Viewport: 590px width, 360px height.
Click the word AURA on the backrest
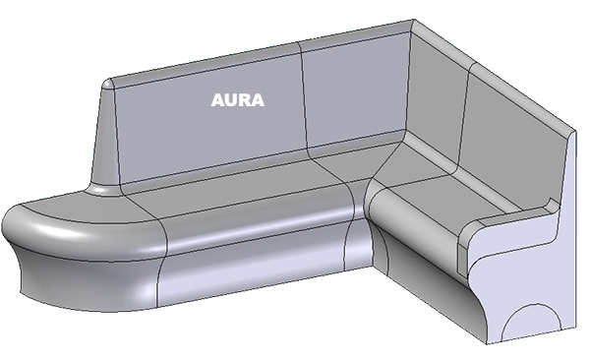tap(237, 100)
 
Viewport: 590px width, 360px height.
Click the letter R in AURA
tap(245, 100)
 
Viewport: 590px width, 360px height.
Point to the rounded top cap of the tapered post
tap(108, 84)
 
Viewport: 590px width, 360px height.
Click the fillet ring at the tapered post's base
tap(104, 189)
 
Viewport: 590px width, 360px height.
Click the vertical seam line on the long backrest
tap(304, 98)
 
